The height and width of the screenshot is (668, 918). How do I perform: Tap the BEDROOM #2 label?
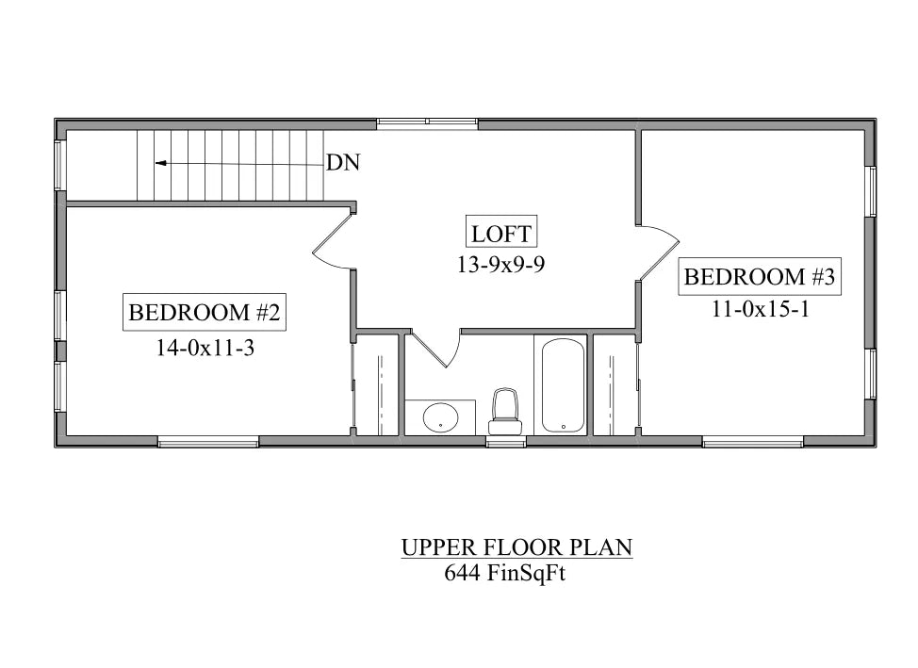[205, 312]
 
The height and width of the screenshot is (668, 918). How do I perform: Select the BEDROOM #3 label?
[760, 276]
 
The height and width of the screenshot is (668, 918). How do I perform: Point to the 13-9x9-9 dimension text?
[501, 265]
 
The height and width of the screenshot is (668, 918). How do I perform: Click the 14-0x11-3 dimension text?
[205, 349]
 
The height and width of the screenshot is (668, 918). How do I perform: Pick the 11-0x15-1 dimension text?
[761, 308]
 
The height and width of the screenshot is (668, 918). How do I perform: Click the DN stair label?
[342, 162]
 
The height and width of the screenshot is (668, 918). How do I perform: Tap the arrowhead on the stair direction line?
[160, 163]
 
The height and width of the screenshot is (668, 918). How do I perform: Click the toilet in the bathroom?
[504, 412]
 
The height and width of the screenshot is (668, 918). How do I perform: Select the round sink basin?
[441, 417]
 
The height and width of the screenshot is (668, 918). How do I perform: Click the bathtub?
[563, 385]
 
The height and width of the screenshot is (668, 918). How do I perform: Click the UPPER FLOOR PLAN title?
[516, 547]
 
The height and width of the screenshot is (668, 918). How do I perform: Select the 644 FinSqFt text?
[504, 573]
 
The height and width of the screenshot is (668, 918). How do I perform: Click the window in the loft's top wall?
[427, 122]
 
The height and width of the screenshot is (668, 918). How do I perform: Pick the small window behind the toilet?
[506, 443]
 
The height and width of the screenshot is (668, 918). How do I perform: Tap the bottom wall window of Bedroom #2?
[208, 443]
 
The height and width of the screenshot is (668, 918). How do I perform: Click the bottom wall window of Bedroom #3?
[753, 443]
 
